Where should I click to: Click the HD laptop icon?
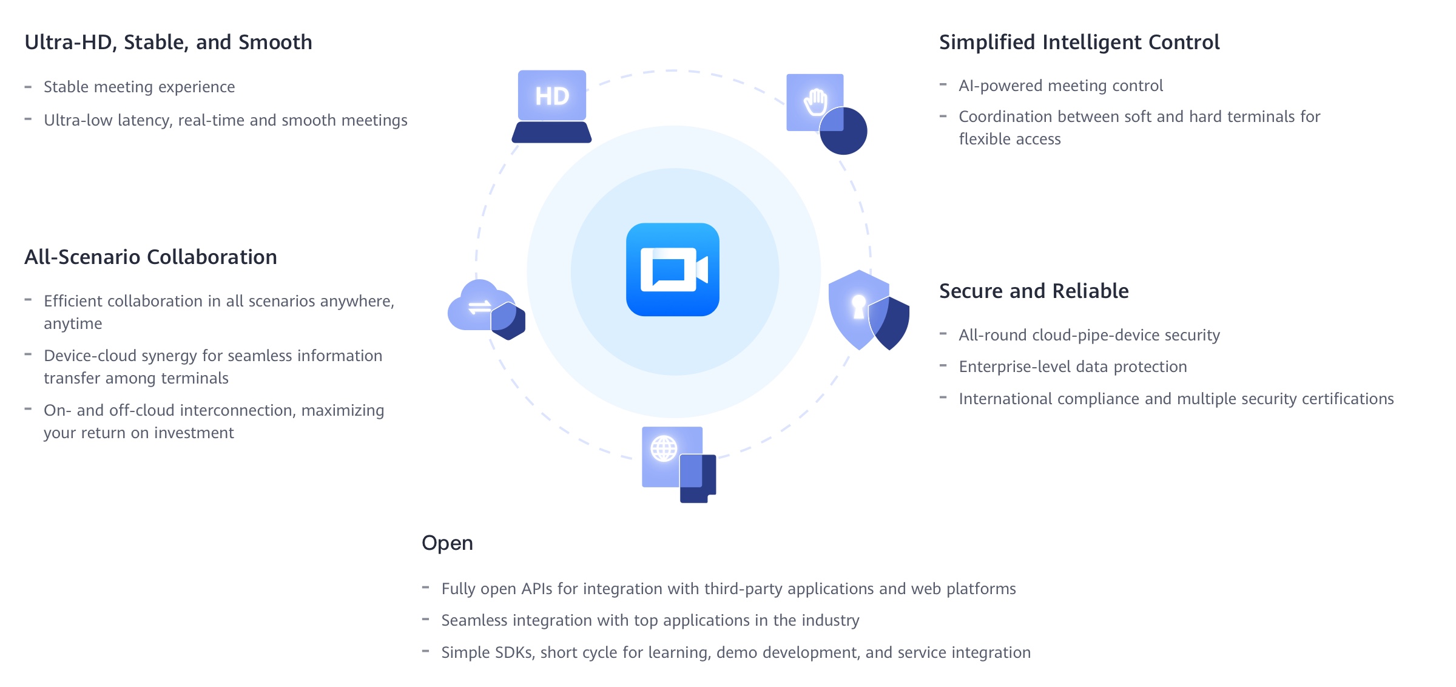coord(551,106)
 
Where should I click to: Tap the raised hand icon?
coord(816,103)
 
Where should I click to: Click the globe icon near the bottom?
coord(664,450)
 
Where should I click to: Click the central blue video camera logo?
coord(673,269)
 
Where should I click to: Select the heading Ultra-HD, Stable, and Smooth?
coord(168,42)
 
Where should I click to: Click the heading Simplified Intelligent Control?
coord(1079,42)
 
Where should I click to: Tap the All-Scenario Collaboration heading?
coord(150,257)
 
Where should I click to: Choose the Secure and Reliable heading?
coord(1034,291)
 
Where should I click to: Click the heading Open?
coord(447,543)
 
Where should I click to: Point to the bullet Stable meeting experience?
coord(139,87)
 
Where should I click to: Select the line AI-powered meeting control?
coord(1060,86)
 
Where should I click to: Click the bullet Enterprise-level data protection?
coord(1073,367)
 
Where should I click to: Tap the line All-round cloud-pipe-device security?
coord(1089,336)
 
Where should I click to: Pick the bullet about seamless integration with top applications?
coord(650,621)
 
